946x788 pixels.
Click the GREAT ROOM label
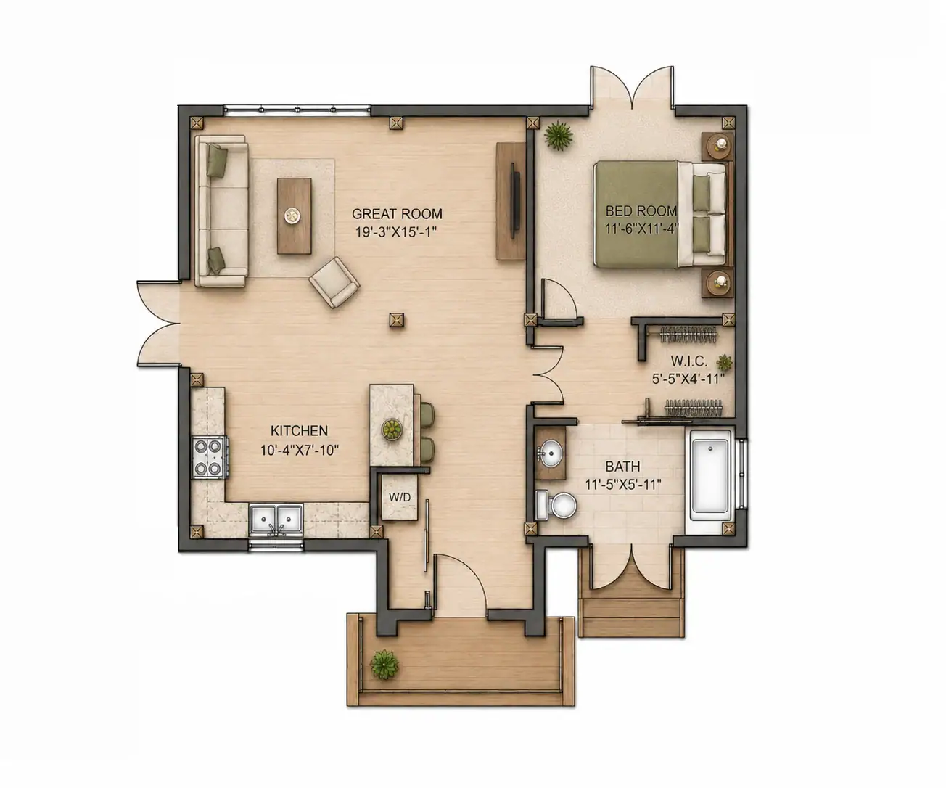pyautogui.click(x=397, y=213)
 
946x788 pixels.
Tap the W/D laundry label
pyautogui.click(x=400, y=498)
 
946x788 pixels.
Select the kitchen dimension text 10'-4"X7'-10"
pyautogui.click(x=300, y=451)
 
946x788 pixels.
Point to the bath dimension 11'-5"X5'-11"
pyautogui.click(x=623, y=485)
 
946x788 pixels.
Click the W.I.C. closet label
pyautogui.click(x=688, y=361)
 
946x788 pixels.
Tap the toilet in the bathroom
pyautogui.click(x=556, y=504)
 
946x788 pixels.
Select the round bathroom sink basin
pyautogui.click(x=551, y=453)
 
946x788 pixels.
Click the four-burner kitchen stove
pyautogui.click(x=210, y=457)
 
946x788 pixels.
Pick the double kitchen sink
pyautogui.click(x=276, y=519)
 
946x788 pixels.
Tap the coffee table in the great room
pyautogui.click(x=295, y=216)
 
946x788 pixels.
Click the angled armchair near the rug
pyautogui.click(x=334, y=282)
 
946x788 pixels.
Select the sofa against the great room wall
pyautogui.click(x=221, y=211)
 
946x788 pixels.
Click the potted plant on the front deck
pyautogui.click(x=384, y=665)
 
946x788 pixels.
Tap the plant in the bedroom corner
pyautogui.click(x=559, y=134)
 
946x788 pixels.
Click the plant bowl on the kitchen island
pyautogui.click(x=392, y=429)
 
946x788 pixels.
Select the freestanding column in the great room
pyautogui.click(x=397, y=320)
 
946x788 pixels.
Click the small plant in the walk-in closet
pyautogui.click(x=724, y=362)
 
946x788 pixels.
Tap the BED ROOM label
pyautogui.click(x=641, y=210)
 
